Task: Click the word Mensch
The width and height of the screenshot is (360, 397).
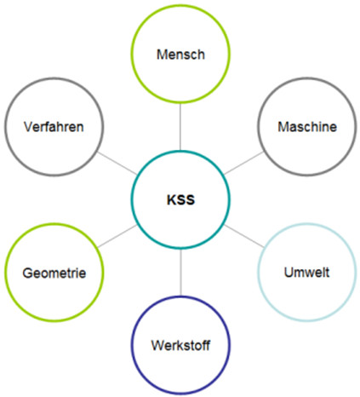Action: [180, 55]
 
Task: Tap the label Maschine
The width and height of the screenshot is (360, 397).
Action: [307, 127]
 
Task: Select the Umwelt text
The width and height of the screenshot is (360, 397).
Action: [306, 273]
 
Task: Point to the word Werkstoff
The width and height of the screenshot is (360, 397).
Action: [180, 345]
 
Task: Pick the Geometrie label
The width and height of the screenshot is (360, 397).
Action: [54, 273]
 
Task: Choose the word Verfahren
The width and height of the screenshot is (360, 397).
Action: [54, 127]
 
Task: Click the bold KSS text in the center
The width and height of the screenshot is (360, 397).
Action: [180, 200]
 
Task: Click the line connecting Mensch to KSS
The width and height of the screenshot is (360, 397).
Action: [180, 127]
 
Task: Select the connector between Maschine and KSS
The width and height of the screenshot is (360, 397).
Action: [243, 164]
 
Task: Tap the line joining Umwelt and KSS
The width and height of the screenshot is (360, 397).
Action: [243, 236]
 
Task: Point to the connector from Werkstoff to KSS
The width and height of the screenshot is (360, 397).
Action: [180, 273]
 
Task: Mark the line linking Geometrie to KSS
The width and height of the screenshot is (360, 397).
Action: [117, 236]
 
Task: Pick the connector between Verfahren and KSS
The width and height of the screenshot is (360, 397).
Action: [117, 164]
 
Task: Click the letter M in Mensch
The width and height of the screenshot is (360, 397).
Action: [162, 55]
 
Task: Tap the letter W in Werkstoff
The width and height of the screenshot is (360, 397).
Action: [158, 345]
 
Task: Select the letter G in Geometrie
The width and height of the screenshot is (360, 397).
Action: [28, 273]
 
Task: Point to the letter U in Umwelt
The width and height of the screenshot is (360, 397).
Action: [289, 273]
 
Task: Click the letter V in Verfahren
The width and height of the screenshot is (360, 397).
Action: [29, 127]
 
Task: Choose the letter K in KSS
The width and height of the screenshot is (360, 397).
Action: [171, 200]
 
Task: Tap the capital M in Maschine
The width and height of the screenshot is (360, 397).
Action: [283, 127]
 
